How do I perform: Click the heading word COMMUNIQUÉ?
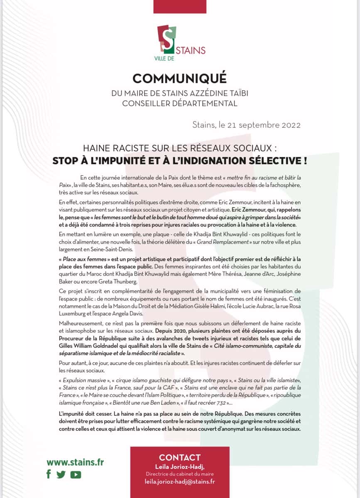pyautogui.click(x=180, y=78)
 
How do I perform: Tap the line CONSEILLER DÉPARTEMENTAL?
pyautogui.click(x=180, y=103)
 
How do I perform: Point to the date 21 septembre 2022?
pyautogui.click(x=267, y=125)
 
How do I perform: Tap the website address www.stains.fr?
pyautogui.click(x=75, y=462)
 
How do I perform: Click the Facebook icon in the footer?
pyautogui.click(x=49, y=474)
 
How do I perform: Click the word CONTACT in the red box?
pyautogui.click(x=180, y=458)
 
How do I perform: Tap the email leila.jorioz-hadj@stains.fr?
pyautogui.click(x=180, y=482)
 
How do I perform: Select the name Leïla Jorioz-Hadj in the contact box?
pyautogui.click(x=180, y=467)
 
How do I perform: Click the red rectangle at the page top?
pyautogui.click(x=180, y=6)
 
